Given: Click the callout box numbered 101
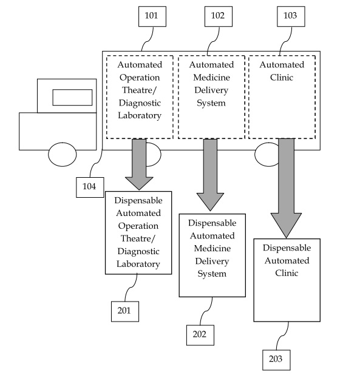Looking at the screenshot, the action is coord(152,16).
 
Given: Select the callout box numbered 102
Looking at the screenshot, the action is coord(219,16).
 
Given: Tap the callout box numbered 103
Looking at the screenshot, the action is coord(291,16).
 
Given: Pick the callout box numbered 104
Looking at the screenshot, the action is coord(90,187).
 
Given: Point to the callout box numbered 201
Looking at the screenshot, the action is coord(125,311).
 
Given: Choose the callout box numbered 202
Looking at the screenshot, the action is coord(200,335).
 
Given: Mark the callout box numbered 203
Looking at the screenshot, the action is coord(276,360).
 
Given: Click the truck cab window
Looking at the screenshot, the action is coord(72,98).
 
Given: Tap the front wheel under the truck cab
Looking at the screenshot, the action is coord(63,155).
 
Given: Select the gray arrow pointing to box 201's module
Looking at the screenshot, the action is coord(139,164).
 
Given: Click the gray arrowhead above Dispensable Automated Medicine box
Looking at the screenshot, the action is coord(210,202).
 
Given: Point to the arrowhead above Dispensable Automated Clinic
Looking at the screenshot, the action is coord(286,225).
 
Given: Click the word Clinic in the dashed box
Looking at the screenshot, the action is coord(282,78).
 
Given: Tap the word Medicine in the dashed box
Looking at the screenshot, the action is coord(211,78).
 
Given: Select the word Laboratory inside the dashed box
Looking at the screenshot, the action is coord(140,115).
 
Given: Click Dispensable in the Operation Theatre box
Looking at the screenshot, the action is coord(138,201).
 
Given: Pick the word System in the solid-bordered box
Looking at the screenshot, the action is coord(212,274).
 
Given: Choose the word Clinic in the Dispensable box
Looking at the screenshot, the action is coord(287,273).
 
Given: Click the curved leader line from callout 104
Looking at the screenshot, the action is coord(96,163).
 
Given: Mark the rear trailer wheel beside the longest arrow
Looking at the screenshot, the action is coord(267,155).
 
